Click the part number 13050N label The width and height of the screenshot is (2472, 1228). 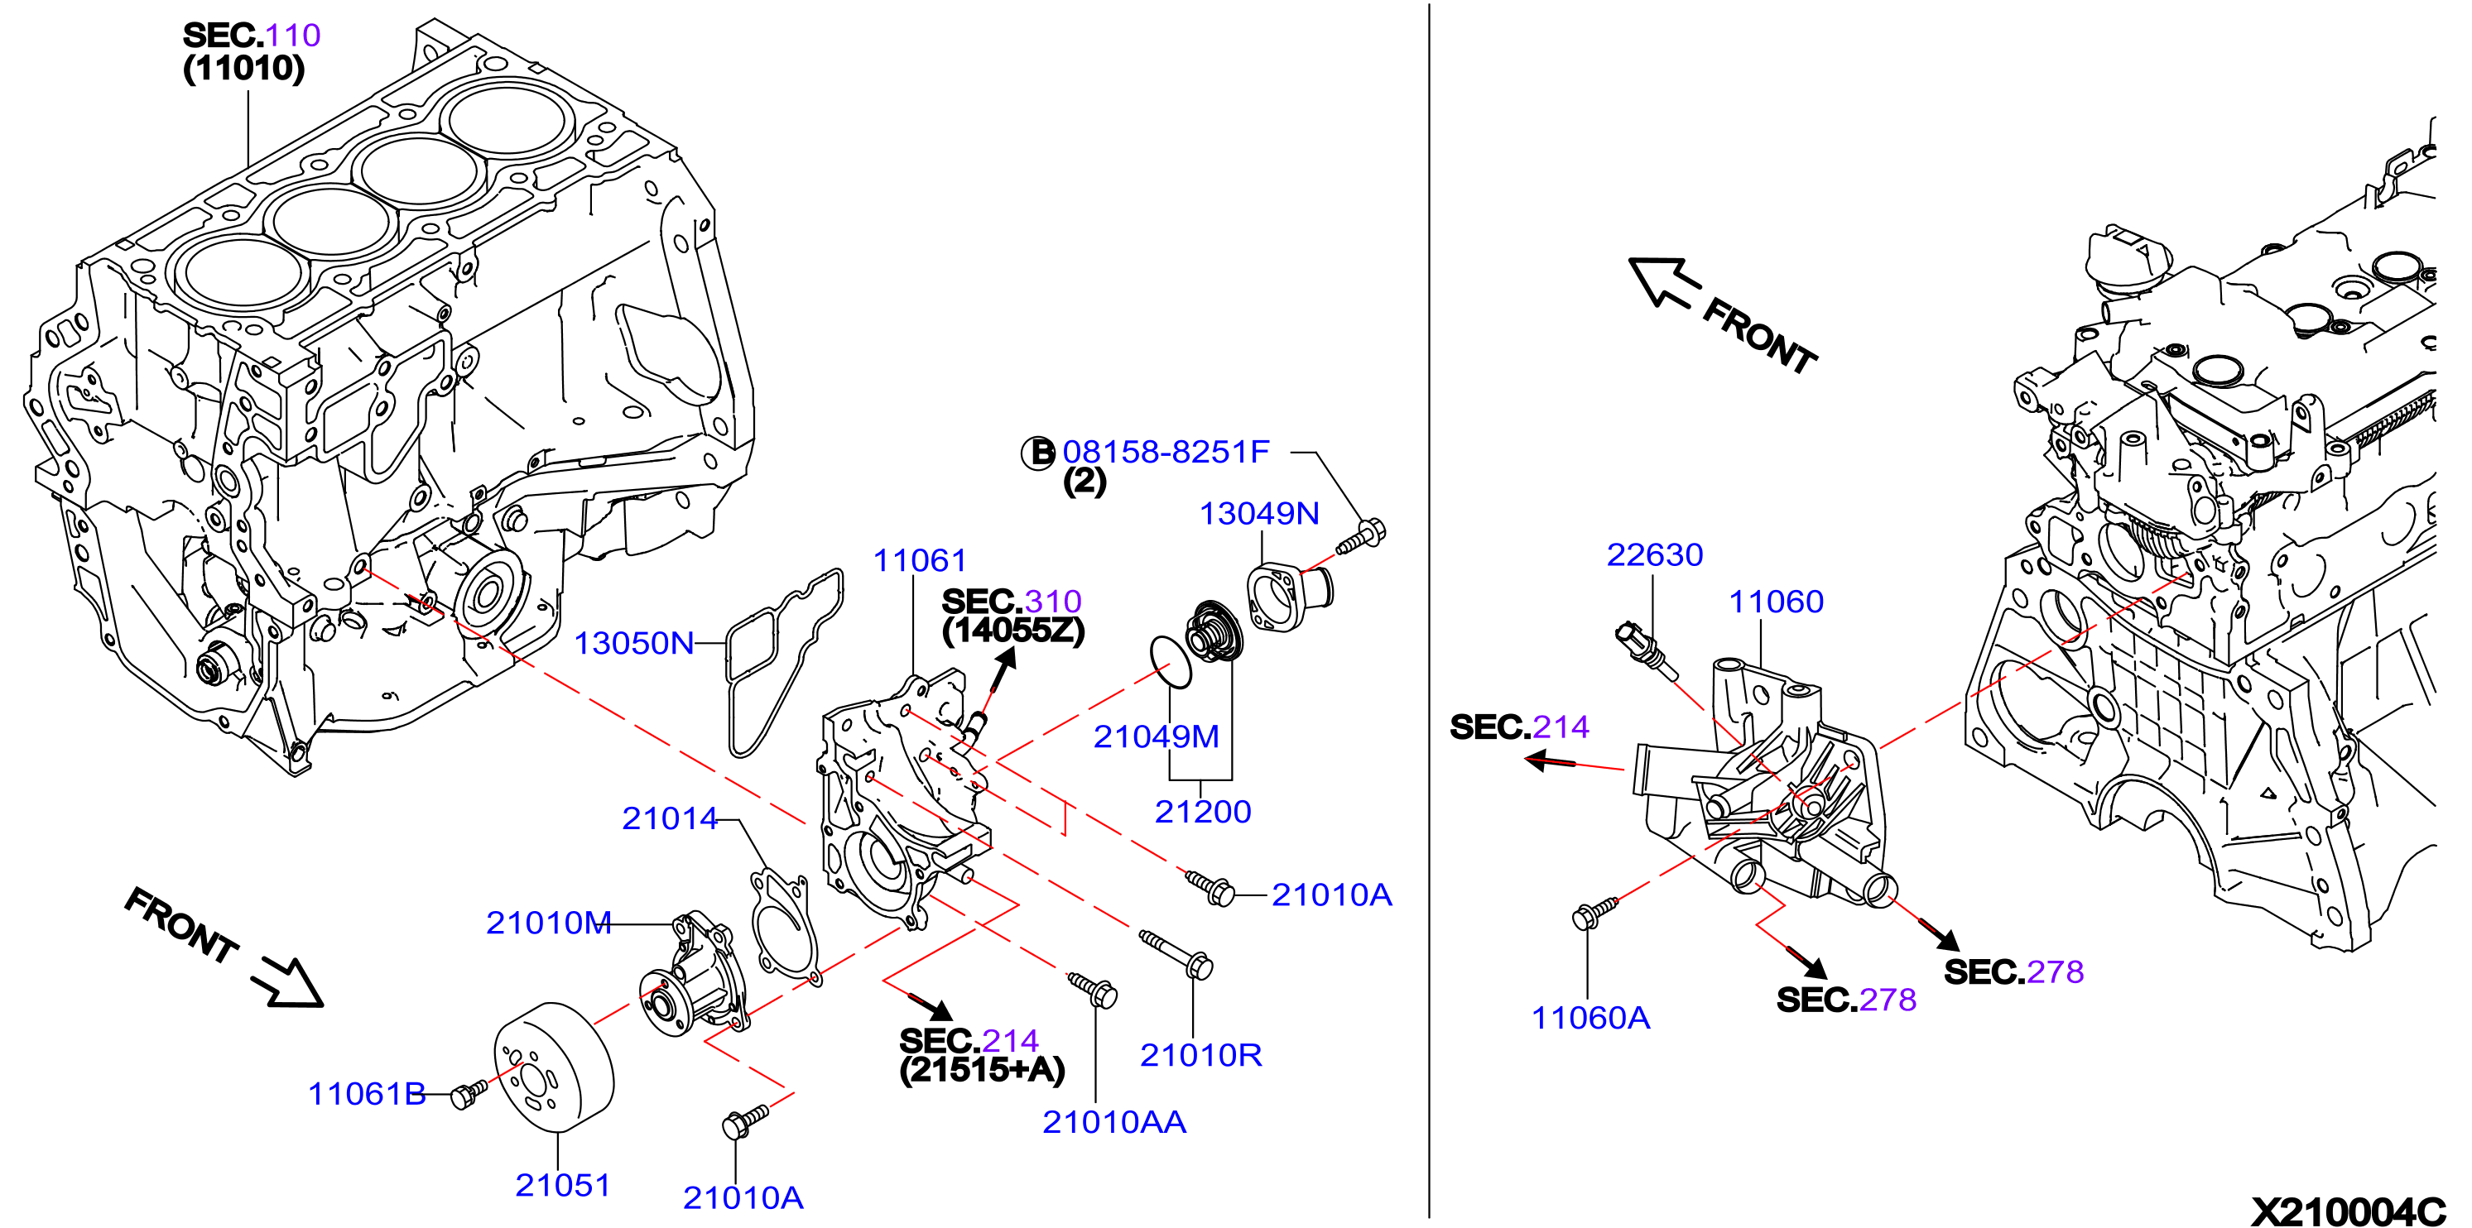coord(633,643)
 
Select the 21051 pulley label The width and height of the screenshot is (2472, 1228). coord(562,1185)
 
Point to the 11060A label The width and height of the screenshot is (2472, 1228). coord(1590,1017)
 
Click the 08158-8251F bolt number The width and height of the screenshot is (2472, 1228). coord(1165,452)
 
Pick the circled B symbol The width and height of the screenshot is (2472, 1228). coord(1037,452)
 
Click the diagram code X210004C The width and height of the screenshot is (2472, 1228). coord(2347,1211)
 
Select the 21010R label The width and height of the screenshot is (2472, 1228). coord(1200,1055)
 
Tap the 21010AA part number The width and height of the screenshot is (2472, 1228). coord(1114,1121)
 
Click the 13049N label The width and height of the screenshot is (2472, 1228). coord(1259,513)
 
